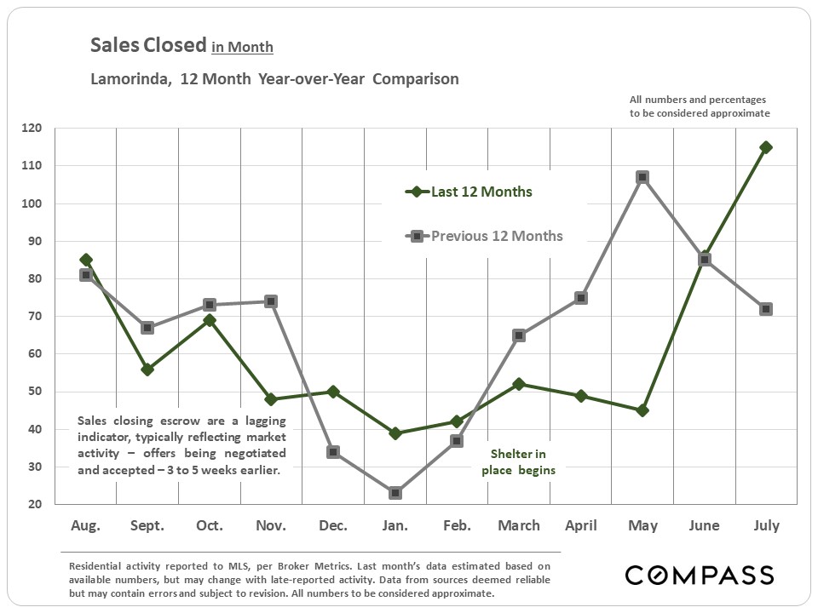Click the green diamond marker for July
click(x=766, y=147)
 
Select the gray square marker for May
click(x=642, y=177)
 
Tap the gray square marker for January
click(x=395, y=493)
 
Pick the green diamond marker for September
click(x=147, y=370)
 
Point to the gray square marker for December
click(x=333, y=452)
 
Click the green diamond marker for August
click(x=86, y=260)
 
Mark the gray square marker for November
click(x=270, y=301)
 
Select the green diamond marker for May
click(x=642, y=410)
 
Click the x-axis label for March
click(x=519, y=526)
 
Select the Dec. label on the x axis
click(x=333, y=526)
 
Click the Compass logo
click(x=699, y=575)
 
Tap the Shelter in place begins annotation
click(x=518, y=462)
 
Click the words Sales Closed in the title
click(x=148, y=45)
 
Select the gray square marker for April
click(x=580, y=298)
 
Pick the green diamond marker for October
click(x=210, y=320)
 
